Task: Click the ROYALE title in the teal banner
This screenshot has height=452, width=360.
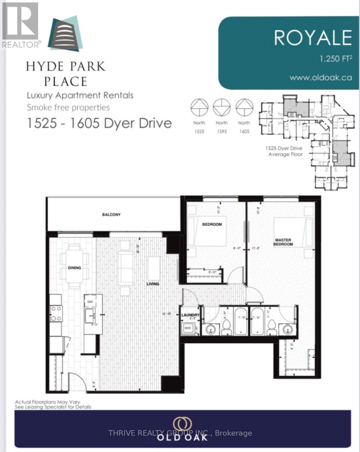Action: pos(313,38)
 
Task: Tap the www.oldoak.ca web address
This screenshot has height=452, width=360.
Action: pos(320,78)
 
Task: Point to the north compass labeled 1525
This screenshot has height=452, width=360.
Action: pos(199,108)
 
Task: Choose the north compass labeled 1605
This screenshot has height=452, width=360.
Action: pos(244,108)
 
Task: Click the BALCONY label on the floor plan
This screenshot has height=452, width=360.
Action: pos(111,215)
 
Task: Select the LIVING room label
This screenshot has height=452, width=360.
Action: pos(153,284)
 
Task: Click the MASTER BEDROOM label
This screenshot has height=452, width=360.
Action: pos(283,242)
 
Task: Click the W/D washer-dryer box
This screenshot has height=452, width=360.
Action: pos(187,328)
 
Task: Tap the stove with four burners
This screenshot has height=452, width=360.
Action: pos(56,313)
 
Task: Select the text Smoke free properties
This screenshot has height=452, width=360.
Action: pos(68,107)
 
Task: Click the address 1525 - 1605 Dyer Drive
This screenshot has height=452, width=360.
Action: pos(100,123)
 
